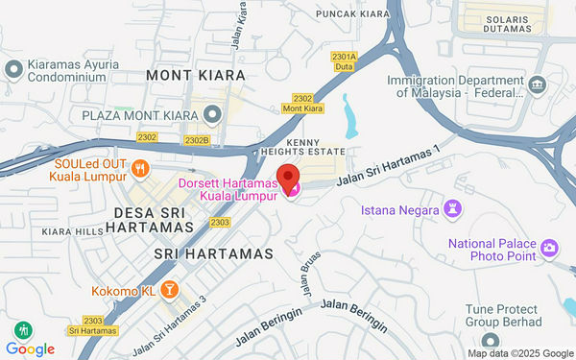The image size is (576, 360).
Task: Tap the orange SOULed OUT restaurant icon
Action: (x=141, y=170)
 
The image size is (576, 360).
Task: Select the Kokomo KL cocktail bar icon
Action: (x=169, y=289)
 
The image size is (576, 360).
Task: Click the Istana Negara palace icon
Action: (x=453, y=208)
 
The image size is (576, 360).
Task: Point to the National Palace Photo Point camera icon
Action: (x=549, y=248)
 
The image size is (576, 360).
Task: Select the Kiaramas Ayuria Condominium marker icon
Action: (x=12, y=69)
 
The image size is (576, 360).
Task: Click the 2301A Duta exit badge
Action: (x=344, y=61)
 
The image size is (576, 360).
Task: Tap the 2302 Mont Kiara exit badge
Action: (x=302, y=103)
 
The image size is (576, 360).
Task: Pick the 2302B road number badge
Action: (x=197, y=140)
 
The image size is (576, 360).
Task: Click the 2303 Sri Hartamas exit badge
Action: (x=92, y=324)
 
